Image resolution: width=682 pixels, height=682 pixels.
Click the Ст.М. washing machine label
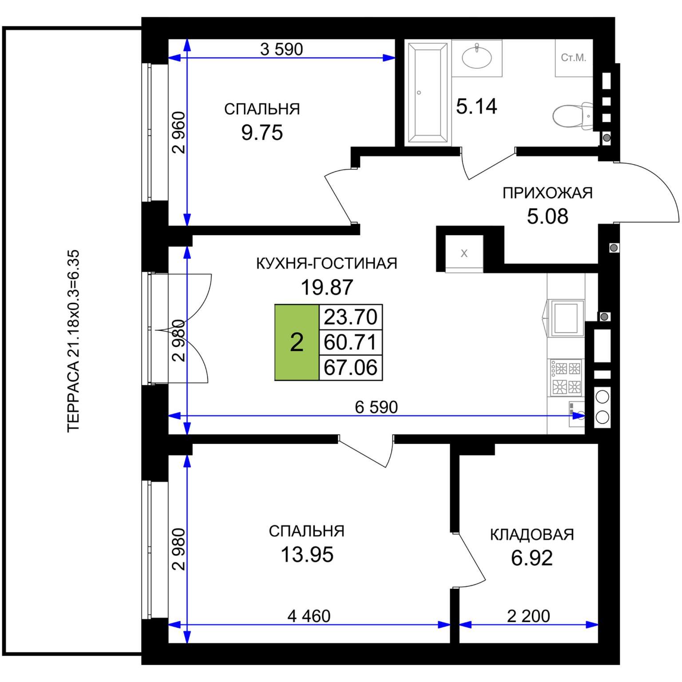coord(574,58)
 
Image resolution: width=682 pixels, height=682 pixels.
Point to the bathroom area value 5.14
coord(476,107)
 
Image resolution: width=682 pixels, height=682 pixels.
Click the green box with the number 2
coord(297,342)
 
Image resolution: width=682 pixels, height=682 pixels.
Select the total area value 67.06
coord(350,368)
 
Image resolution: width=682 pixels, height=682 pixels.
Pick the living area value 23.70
coord(350,317)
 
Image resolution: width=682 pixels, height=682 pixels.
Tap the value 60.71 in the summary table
coord(350,342)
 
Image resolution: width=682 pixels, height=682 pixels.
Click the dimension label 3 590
coord(282,49)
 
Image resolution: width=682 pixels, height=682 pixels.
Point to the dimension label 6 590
coord(376,407)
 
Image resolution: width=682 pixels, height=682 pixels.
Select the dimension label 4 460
coord(309,616)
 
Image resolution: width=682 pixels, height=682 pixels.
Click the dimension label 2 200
coord(528,616)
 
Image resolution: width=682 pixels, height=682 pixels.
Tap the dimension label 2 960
coord(178,132)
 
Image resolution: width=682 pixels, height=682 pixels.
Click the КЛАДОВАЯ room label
coord(532,535)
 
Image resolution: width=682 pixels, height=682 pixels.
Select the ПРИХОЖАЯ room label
coord(547,193)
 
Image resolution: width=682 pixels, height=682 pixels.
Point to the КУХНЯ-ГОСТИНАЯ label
coord(327,264)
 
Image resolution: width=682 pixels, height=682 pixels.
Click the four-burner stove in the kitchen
coord(566,377)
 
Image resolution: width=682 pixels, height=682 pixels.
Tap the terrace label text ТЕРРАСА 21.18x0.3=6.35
coord(73,341)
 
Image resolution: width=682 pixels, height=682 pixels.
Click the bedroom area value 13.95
coord(307,555)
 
